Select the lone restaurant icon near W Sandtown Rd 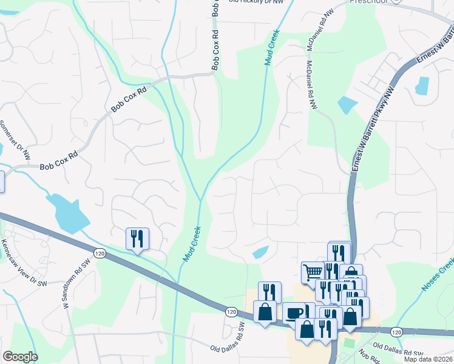tap(137, 238)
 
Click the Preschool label tap(368, 2)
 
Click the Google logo tap(20, 357)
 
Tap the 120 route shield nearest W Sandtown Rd tap(101, 253)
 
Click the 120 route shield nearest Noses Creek tap(396, 331)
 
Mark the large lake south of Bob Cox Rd tap(67, 214)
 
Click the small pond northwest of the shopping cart tap(260, 252)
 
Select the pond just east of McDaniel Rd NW tap(346, 105)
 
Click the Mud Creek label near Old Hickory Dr tap(272, 47)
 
